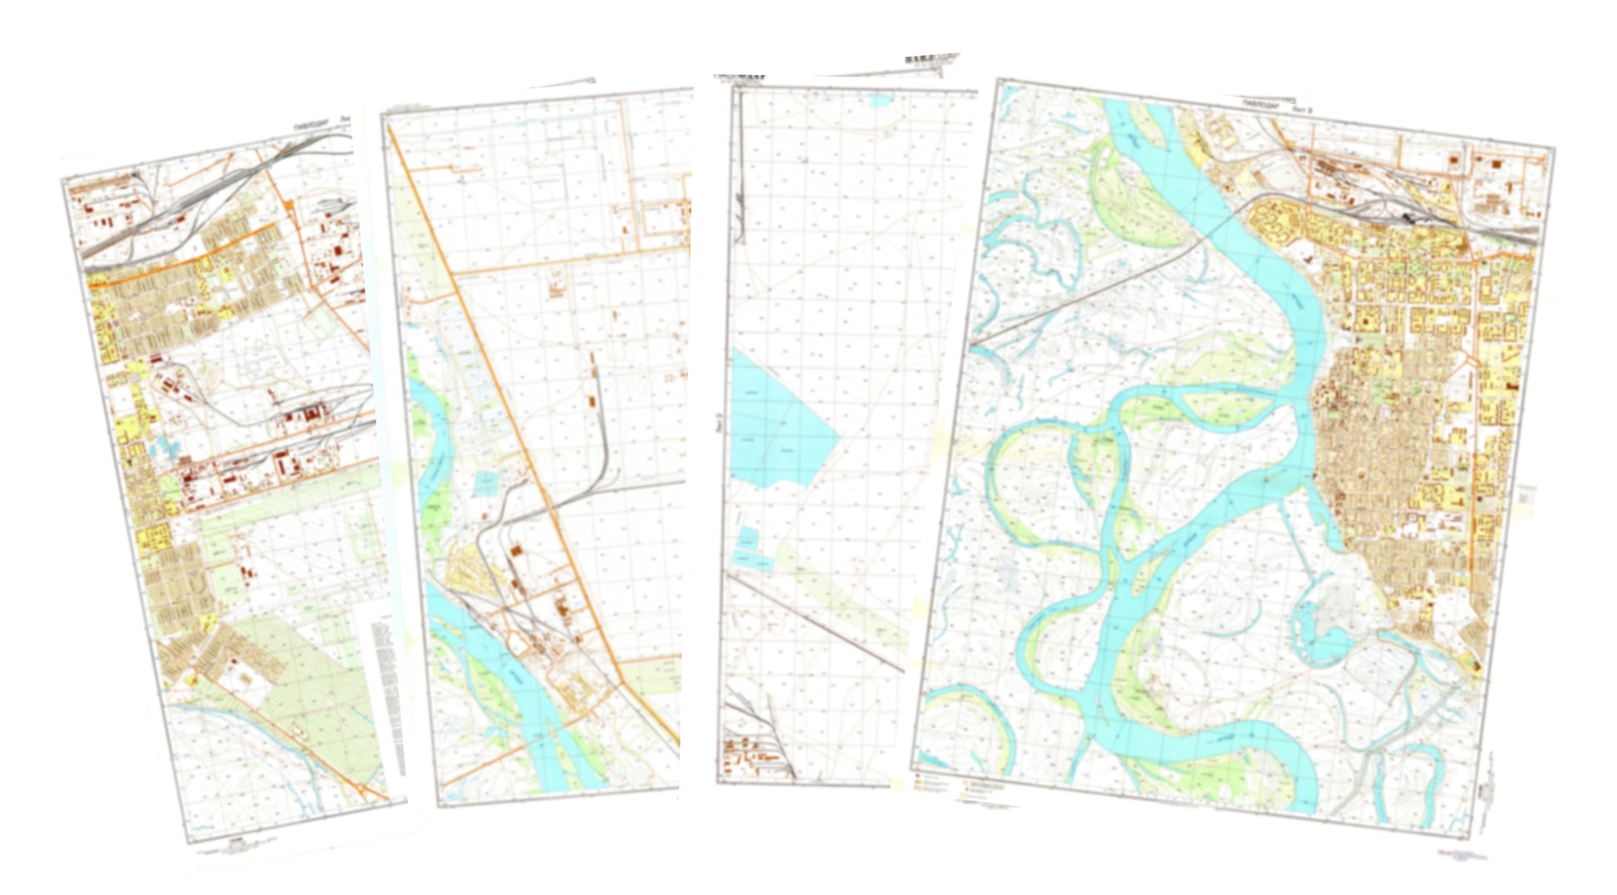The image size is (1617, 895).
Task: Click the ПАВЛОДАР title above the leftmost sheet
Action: (312, 125)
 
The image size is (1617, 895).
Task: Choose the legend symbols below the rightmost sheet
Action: (956, 785)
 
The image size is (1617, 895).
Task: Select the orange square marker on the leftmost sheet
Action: (288, 204)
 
